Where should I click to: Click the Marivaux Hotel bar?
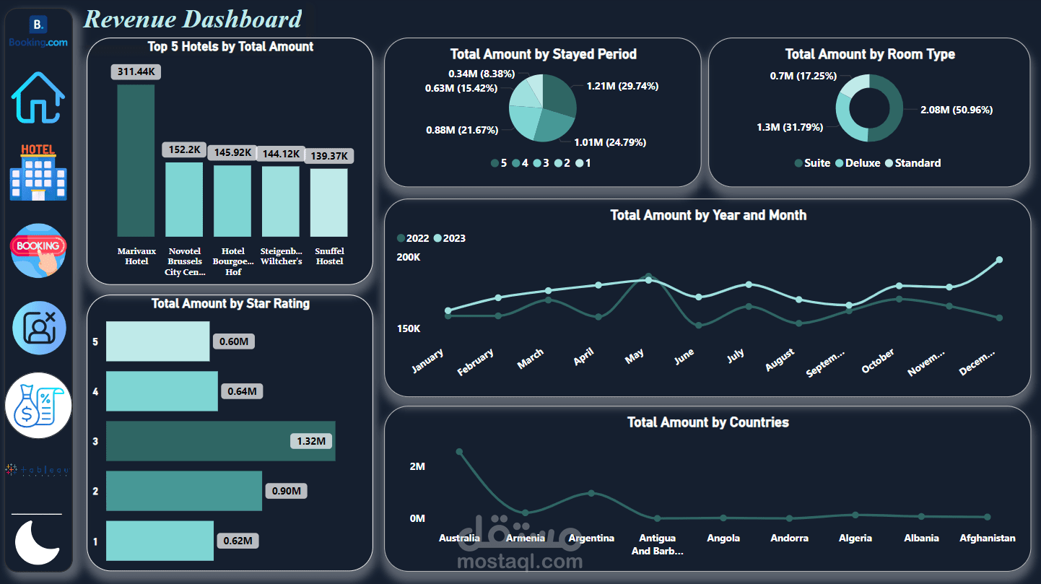pyautogui.click(x=136, y=160)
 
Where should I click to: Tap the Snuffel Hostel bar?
pyautogui.click(x=328, y=202)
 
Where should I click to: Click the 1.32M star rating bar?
pyautogui.click(x=220, y=441)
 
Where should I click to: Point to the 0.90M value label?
pyautogui.click(x=287, y=491)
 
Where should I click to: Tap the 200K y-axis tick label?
pyautogui.click(x=409, y=257)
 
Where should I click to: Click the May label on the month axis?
pyautogui.click(x=635, y=356)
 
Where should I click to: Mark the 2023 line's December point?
pyautogui.click(x=1000, y=260)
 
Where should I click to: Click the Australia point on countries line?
pyautogui.click(x=459, y=452)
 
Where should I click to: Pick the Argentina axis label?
pyautogui.click(x=591, y=538)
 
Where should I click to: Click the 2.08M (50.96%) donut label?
pyautogui.click(x=956, y=110)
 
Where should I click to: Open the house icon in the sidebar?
pyautogui.click(x=38, y=97)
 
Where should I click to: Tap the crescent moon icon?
pyautogui.click(x=38, y=542)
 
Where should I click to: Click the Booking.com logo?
pyautogui.click(x=38, y=32)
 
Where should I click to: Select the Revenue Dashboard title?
pyautogui.click(x=193, y=19)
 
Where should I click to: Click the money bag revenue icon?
pyautogui.click(x=38, y=406)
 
